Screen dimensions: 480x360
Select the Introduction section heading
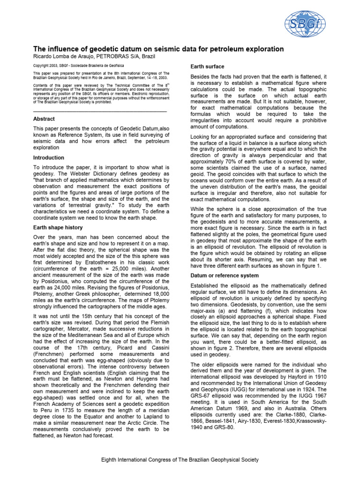49,157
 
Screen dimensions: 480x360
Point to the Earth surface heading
207,67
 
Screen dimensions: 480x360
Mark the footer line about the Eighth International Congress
180,460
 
